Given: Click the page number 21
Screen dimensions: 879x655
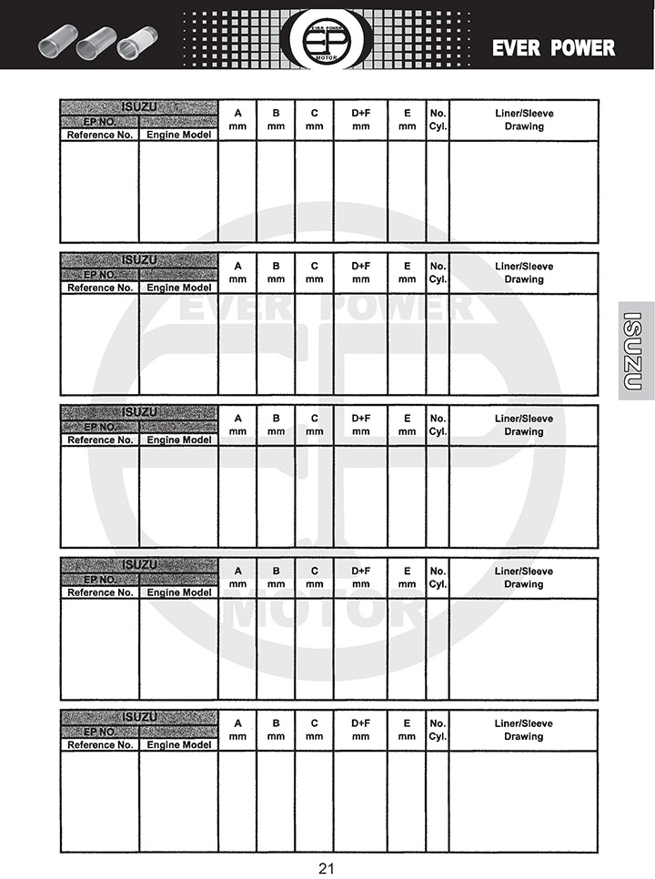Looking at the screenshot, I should (327, 868).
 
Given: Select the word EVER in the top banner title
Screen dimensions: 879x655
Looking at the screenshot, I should (517, 48).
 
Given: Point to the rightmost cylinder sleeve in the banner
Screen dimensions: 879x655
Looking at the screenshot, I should (137, 42).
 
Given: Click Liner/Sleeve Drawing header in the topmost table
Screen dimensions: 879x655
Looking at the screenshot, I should (524, 120).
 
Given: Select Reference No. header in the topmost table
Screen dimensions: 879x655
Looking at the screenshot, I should (100, 135).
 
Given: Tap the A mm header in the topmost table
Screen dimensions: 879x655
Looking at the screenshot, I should (238, 120).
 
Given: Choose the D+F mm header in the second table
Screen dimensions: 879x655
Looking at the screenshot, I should (361, 273).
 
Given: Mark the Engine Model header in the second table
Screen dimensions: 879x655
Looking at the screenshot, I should (179, 288).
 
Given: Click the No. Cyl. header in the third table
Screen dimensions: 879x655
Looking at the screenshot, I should (438, 425).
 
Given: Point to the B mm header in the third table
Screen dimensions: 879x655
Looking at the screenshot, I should (277, 425).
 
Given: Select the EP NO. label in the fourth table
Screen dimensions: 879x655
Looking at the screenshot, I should (100, 579).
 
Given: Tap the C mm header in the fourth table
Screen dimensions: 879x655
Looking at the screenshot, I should (315, 578).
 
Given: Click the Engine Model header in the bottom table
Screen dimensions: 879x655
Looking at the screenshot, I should (179, 744).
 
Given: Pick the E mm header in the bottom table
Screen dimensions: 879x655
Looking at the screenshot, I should (407, 730).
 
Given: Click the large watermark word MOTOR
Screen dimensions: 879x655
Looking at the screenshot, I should (325, 612).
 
